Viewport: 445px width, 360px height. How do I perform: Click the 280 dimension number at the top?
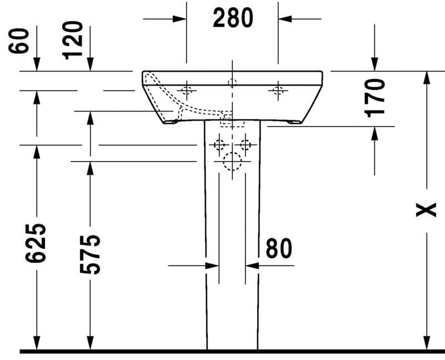(233, 18)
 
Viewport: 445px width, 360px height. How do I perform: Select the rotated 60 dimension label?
(19, 41)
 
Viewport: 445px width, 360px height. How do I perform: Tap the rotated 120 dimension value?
(73, 41)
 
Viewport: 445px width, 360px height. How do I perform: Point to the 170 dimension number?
(374, 98)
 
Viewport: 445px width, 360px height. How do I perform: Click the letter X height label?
(426, 210)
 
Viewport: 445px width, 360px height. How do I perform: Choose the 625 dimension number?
(36, 243)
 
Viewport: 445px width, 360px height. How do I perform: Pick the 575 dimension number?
(90, 254)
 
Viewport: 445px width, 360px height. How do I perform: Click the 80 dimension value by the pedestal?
(279, 248)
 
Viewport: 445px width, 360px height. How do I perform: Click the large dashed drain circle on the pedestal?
(232, 162)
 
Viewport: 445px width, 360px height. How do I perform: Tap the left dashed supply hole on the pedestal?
(219, 145)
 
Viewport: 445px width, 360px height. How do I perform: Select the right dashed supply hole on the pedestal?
(246, 145)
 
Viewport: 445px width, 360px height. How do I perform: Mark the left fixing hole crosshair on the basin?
(187, 91)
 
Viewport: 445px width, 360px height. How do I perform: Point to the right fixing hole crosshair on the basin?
(278, 91)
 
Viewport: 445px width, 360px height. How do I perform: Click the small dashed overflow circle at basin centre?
(232, 83)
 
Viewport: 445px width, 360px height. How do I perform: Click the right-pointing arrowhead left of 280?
(179, 19)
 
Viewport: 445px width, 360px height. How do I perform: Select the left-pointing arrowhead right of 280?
(285, 19)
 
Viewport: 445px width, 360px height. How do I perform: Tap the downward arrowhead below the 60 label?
(37, 64)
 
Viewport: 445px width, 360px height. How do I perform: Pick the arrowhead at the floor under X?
(426, 343)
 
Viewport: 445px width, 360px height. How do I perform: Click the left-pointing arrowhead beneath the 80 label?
(252, 266)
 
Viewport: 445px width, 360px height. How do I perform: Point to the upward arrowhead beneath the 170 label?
(374, 133)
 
